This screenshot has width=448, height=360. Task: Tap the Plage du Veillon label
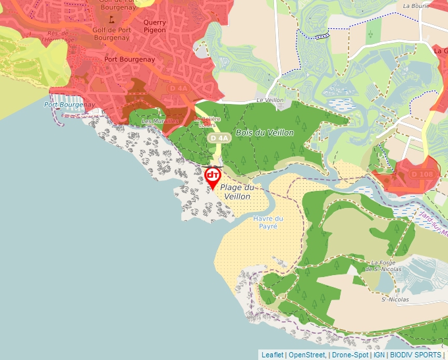(x=237, y=192)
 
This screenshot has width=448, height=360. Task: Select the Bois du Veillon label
(x=264, y=132)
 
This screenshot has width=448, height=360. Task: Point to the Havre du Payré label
(x=268, y=222)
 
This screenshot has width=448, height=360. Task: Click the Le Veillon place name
(x=269, y=100)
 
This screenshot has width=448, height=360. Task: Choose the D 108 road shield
(x=422, y=174)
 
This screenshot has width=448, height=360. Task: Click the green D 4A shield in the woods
(x=220, y=138)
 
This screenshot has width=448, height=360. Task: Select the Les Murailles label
(x=160, y=121)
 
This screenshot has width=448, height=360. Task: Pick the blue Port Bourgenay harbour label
(x=69, y=105)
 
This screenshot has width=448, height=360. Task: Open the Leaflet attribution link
(x=272, y=355)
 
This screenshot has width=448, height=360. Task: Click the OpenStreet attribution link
(x=307, y=355)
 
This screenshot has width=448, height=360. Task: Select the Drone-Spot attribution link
(x=350, y=355)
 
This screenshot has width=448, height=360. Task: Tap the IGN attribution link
(x=379, y=355)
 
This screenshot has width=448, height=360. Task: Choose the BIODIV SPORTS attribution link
(x=416, y=355)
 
